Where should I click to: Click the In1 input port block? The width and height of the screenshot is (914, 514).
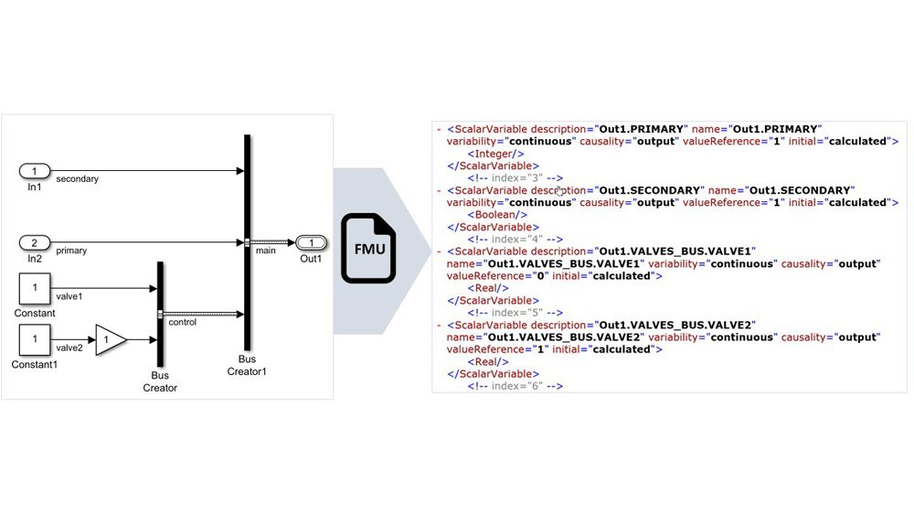pos(35,171)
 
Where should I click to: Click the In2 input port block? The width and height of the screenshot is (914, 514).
pos(35,242)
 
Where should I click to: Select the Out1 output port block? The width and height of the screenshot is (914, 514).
pos(312,242)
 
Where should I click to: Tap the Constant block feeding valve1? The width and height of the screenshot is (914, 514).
pos(35,288)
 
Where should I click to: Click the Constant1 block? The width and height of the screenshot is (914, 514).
pos(35,340)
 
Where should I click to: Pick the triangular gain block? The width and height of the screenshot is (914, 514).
pos(110,340)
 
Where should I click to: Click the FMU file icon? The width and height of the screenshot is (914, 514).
pos(368,248)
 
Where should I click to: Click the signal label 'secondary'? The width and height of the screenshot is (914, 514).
pos(77,179)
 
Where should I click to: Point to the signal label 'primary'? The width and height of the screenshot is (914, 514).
pos(71,250)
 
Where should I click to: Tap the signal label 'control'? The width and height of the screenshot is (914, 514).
pos(183,322)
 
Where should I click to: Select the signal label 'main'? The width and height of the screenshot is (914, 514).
pos(266,250)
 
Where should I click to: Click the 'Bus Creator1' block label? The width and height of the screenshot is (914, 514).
pos(247,365)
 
